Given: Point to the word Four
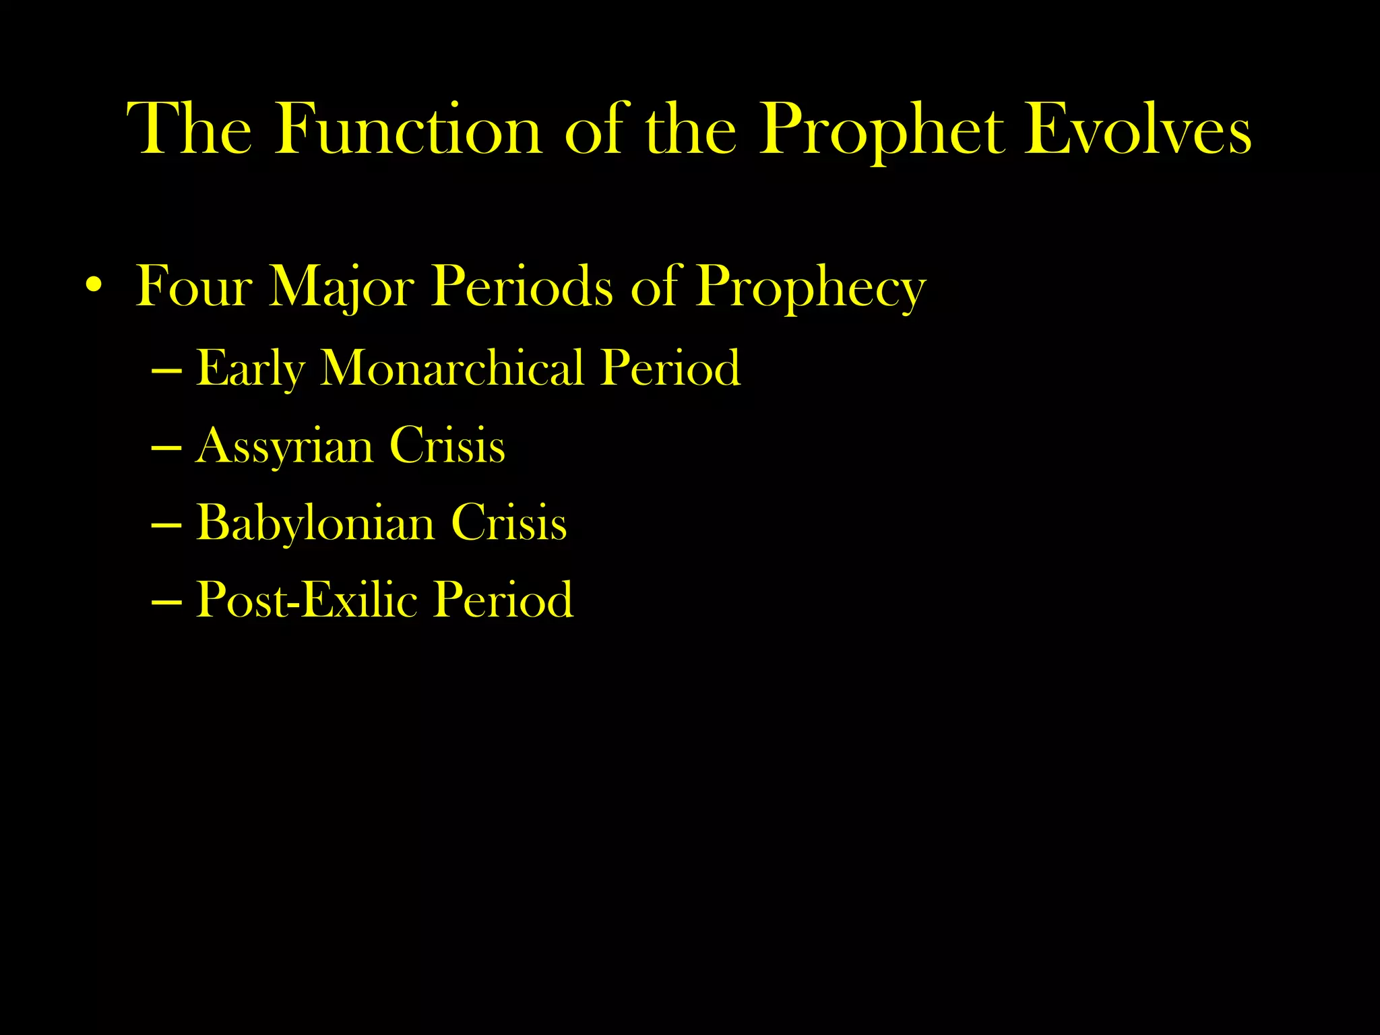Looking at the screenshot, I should [194, 288].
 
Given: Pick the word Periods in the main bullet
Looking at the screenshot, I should [522, 288].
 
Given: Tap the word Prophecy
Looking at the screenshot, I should [811, 288].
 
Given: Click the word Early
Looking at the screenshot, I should [250, 369].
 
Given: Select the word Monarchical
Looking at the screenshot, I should [451, 369].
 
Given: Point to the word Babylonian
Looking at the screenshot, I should [315, 523].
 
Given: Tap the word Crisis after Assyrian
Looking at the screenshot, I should [447, 446].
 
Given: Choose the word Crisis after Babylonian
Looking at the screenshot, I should [509, 523].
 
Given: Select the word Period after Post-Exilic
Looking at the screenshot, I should [503, 600].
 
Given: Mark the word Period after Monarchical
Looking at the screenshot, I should [670, 369].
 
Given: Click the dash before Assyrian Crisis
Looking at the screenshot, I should [166, 447].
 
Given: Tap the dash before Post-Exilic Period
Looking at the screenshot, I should [166, 601].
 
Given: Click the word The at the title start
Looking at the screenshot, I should [190, 129].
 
